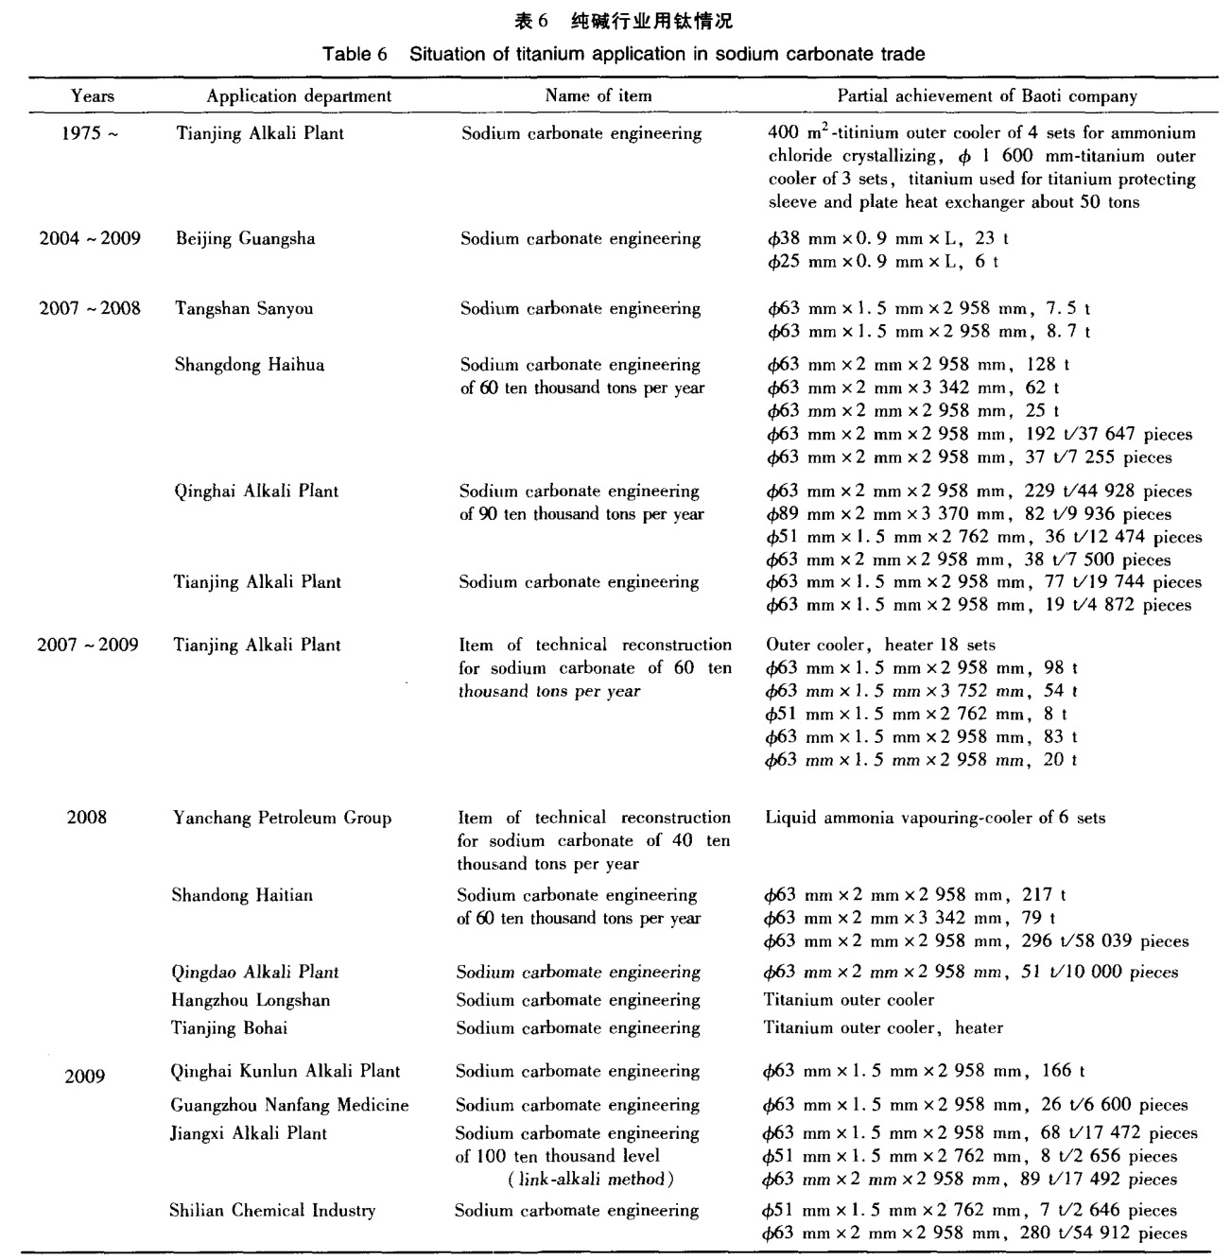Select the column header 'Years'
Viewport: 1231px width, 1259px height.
click(93, 95)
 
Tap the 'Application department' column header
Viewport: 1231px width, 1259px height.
click(299, 95)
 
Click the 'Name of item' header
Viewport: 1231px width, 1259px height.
click(598, 95)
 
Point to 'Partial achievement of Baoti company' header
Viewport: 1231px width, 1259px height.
click(987, 95)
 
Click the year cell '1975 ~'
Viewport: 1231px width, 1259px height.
click(91, 133)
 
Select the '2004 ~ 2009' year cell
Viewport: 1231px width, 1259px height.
click(90, 238)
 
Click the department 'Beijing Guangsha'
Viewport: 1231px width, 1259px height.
click(245, 238)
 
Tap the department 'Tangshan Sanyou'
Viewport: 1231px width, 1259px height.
click(244, 308)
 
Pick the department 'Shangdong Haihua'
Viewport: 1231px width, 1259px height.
click(249, 365)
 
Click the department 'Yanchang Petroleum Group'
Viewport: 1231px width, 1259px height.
click(281, 818)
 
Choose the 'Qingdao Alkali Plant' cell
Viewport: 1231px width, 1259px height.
click(254, 972)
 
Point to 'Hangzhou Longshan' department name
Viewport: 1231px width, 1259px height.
click(251, 1000)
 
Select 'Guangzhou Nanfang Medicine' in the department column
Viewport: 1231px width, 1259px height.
click(289, 1105)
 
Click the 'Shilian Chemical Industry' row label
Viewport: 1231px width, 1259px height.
click(272, 1210)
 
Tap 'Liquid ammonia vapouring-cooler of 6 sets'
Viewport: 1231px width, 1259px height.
click(934, 818)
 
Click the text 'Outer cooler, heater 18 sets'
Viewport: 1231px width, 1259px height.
click(880, 645)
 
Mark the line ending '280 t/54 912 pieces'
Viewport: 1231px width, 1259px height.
click(974, 1233)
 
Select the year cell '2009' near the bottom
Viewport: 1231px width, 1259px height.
click(85, 1077)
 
